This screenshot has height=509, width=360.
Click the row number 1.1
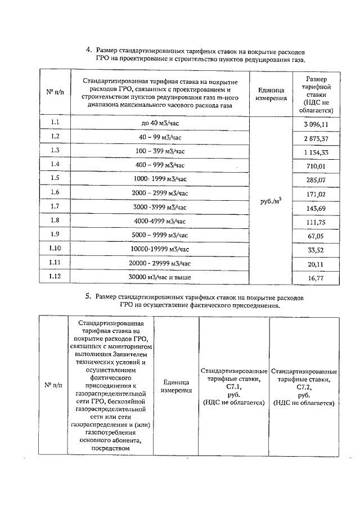(55, 122)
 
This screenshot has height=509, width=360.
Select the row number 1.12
(55, 276)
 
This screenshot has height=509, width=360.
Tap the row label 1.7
(55, 206)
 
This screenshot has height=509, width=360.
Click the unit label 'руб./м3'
(271, 201)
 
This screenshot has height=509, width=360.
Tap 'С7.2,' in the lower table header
(304, 388)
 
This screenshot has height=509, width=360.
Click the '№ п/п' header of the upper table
(55, 92)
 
